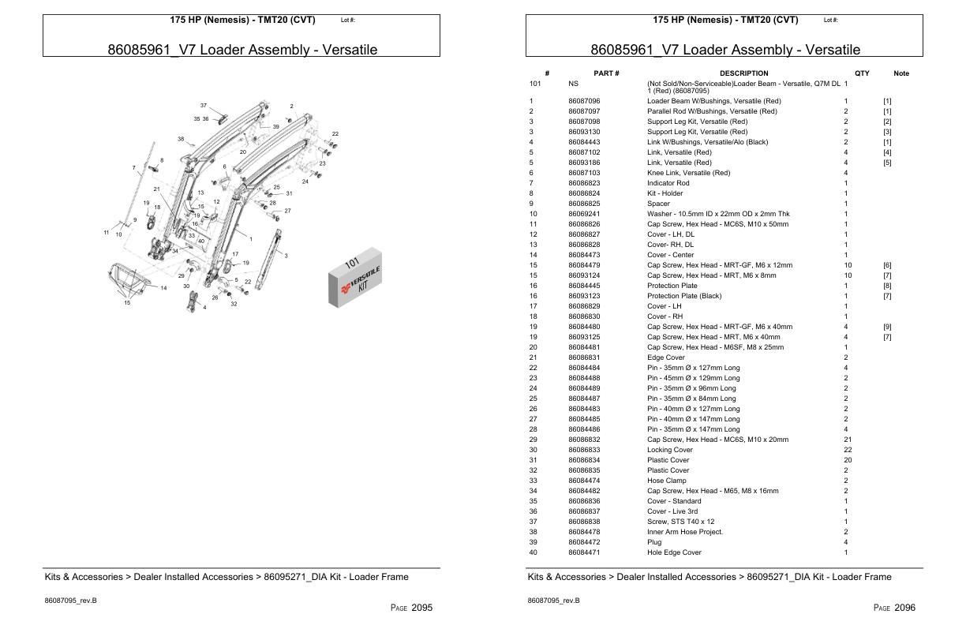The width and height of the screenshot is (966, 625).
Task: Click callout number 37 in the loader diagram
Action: click(x=203, y=105)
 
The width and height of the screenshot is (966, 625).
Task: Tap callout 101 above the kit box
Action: click(x=352, y=264)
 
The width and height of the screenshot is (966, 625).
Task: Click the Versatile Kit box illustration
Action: click(x=354, y=281)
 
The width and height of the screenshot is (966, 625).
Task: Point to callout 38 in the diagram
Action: click(x=181, y=139)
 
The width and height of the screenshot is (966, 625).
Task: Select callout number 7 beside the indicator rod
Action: click(x=134, y=167)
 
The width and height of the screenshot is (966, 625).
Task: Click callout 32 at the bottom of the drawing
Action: click(x=234, y=304)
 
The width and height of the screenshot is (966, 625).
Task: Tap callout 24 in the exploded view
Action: click(x=305, y=182)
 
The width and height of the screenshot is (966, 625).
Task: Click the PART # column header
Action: click(x=606, y=73)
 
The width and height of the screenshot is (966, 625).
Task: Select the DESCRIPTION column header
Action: click(x=743, y=73)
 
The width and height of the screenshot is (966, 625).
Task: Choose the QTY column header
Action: click(x=862, y=73)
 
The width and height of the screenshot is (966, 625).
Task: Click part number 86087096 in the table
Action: click(x=584, y=101)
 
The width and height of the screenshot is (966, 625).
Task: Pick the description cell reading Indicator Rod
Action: click(x=668, y=183)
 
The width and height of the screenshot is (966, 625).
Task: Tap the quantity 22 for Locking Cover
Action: click(x=848, y=450)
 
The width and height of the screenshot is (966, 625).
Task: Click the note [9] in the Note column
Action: click(x=887, y=327)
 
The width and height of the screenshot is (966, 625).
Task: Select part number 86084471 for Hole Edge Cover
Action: click(x=584, y=552)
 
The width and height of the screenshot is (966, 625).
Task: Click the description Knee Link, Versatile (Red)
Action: click(x=688, y=173)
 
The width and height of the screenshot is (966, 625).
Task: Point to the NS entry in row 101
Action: click(x=573, y=83)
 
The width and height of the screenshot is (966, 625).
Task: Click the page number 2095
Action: click(x=422, y=608)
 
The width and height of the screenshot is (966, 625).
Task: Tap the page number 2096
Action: click(x=905, y=608)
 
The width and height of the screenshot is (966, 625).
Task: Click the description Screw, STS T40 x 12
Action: click(x=680, y=522)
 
